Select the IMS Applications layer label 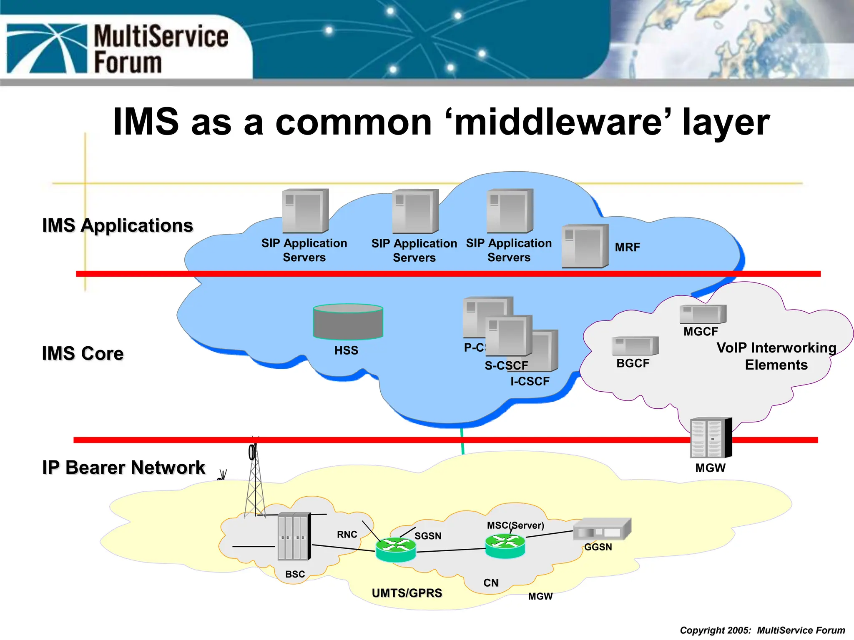click(118, 225)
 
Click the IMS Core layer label click(83, 353)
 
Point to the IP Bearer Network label click(123, 467)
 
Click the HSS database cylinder click(348, 322)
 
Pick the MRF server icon click(585, 246)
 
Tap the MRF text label click(627, 247)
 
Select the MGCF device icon click(703, 314)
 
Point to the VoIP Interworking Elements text click(776, 356)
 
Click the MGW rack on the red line click(711, 438)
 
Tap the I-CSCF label click(530, 381)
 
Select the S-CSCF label click(506, 365)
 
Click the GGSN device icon click(602, 529)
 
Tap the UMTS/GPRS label click(407, 593)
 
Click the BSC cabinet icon click(294, 536)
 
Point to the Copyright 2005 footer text click(762, 630)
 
